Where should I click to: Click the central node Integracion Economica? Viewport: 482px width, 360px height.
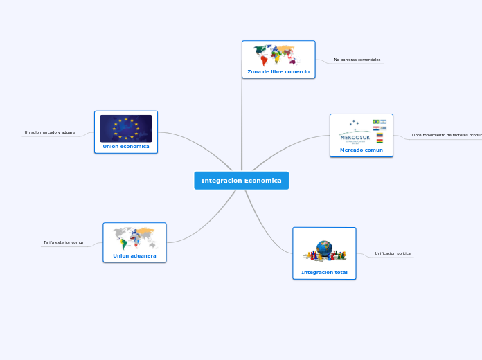point(241,181)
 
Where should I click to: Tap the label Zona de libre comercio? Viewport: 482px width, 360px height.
point(278,72)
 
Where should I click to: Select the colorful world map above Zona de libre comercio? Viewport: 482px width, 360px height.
point(278,55)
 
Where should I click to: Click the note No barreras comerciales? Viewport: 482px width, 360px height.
point(357,60)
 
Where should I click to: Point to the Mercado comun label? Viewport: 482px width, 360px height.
point(361,150)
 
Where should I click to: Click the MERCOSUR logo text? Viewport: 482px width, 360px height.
point(355,137)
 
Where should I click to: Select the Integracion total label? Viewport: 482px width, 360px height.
point(324,273)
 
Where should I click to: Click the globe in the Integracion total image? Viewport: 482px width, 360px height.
point(324,247)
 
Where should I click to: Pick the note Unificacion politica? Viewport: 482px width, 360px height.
point(393,253)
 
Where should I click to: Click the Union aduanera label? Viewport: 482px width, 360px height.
point(134,255)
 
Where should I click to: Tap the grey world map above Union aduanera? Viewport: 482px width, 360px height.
point(134,237)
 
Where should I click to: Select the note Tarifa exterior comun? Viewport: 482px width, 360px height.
point(64,243)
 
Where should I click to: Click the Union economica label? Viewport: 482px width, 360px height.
point(126,147)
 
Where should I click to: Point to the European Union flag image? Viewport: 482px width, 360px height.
point(126,128)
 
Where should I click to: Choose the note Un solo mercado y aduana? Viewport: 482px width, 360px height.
point(50,132)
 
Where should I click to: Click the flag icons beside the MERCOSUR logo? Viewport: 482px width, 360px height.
point(380,130)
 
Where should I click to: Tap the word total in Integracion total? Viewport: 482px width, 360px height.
point(340,273)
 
